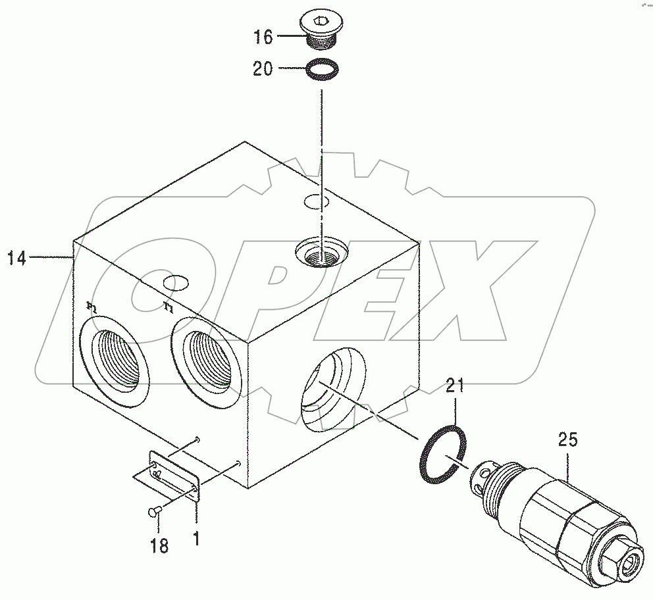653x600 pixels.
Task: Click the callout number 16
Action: click(x=263, y=37)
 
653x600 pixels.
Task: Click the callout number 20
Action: click(x=263, y=68)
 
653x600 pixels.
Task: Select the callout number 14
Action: click(x=17, y=259)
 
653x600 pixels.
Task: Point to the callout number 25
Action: click(x=568, y=440)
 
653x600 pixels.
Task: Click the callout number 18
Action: click(x=159, y=545)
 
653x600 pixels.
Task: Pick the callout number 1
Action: click(x=196, y=541)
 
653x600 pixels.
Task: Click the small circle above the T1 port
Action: click(x=176, y=283)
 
